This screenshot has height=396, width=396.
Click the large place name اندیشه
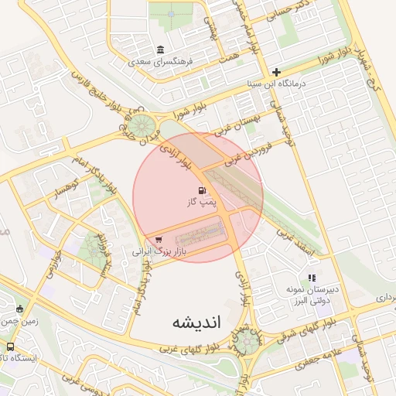pos(197,322)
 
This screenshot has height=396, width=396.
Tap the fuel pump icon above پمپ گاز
pos(202,189)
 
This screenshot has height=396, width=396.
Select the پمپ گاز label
pos(199,202)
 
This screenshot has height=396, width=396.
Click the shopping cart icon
pos(159,240)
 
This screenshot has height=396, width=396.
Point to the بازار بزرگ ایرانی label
pos(159,251)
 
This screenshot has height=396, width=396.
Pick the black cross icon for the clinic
pos(276,72)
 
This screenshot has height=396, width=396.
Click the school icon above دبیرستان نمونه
pos(312,278)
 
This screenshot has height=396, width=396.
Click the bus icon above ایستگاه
pos(10,346)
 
